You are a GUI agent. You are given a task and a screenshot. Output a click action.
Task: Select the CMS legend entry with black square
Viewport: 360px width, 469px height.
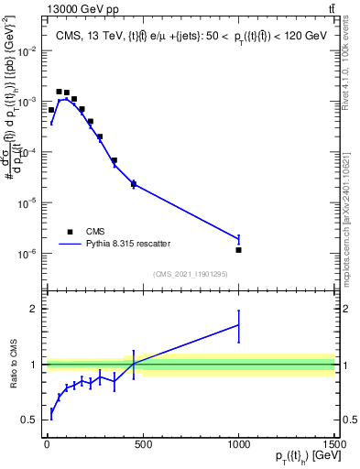[x=70, y=232]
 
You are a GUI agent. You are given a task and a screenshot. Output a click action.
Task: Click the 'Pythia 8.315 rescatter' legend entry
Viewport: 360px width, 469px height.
[x=70, y=244]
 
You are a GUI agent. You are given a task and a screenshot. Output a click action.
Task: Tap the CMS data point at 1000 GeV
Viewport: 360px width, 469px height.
[x=238, y=250]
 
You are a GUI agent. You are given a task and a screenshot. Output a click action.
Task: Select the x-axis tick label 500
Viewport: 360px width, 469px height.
[x=143, y=445]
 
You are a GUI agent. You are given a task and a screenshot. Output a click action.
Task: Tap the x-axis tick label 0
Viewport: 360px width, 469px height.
[x=47, y=445]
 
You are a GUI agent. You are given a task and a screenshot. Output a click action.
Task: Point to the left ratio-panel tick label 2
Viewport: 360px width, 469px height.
[x=35, y=310]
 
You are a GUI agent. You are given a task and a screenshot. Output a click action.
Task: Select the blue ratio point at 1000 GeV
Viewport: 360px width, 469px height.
[x=238, y=325]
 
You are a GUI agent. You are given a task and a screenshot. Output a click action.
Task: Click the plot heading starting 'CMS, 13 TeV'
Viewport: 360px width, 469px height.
[x=188, y=36]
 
